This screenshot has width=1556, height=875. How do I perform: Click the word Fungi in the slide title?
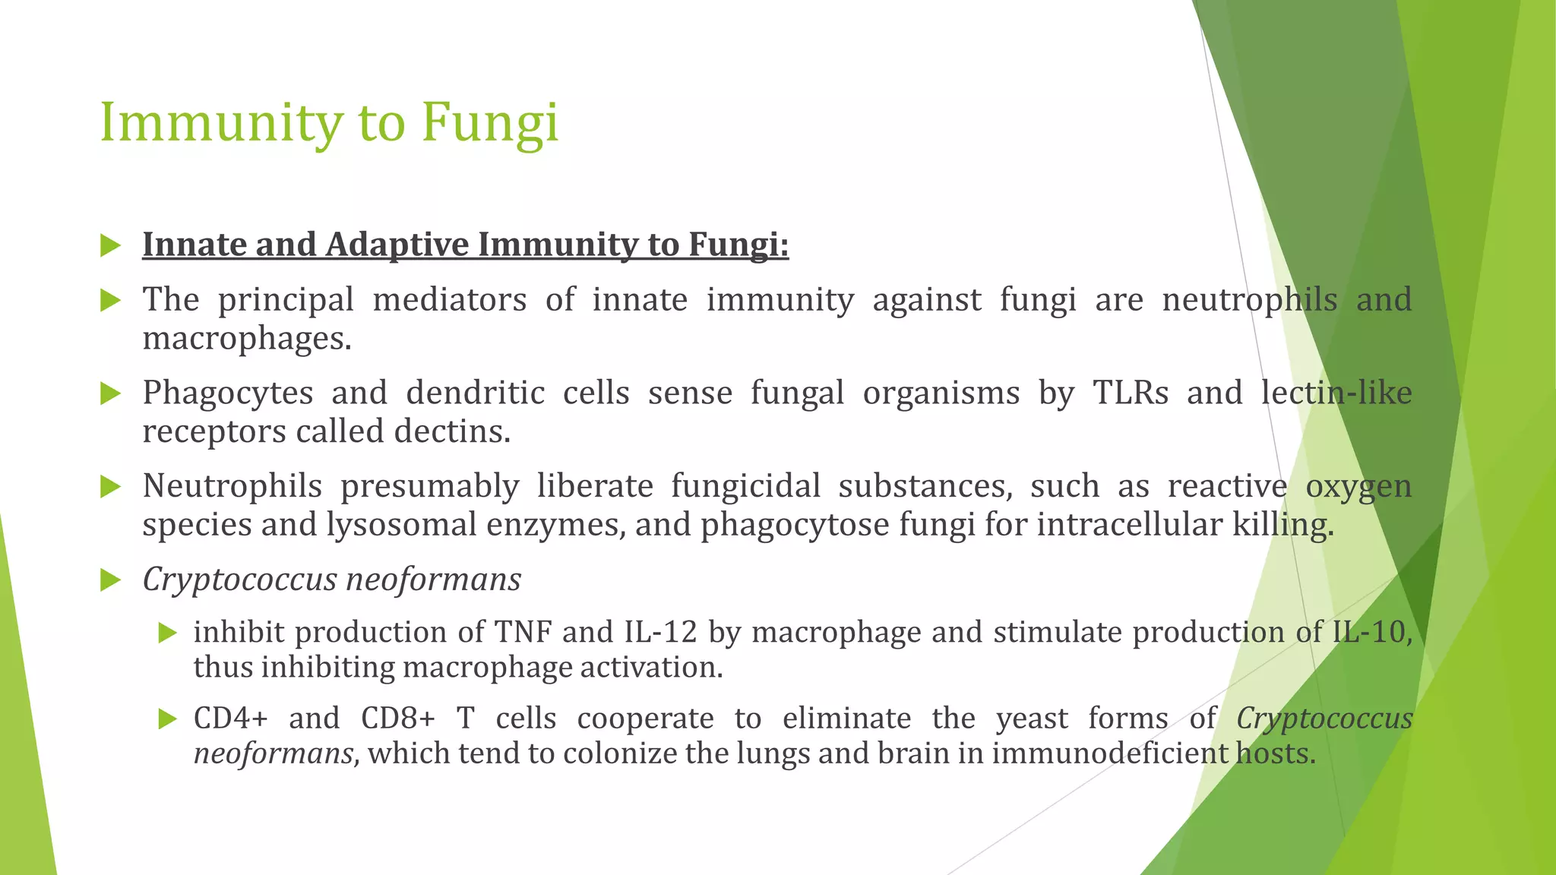[x=490, y=123]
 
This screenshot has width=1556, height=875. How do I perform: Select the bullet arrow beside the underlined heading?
[x=111, y=245]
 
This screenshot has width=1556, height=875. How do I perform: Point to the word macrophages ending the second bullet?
[x=247, y=339]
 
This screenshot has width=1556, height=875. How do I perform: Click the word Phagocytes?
[x=228, y=393]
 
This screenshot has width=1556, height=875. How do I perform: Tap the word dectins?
[x=452, y=431]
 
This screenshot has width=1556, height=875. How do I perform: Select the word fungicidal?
[x=745, y=486]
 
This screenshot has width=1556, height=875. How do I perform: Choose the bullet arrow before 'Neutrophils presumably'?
[x=111, y=487]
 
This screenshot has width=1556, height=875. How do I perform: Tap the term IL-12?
[x=666, y=632]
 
